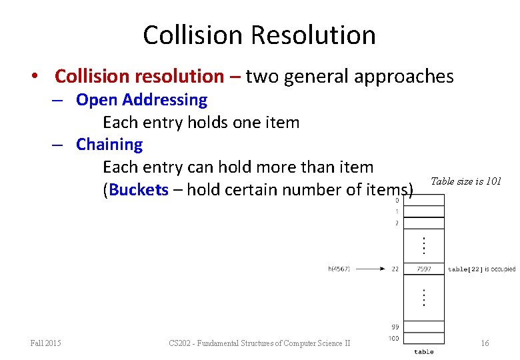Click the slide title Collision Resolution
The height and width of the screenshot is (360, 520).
259,35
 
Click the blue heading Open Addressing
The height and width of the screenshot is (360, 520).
141,100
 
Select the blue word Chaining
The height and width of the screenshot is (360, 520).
109,145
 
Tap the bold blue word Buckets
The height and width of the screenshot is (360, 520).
139,190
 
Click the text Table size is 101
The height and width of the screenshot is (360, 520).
466,181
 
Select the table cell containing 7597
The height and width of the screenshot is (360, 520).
424,269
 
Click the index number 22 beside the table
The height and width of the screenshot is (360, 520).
395,269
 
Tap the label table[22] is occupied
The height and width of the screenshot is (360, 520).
481,269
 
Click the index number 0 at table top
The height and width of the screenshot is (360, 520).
397,200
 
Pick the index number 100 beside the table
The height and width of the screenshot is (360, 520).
394,339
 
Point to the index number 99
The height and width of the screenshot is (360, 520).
395,327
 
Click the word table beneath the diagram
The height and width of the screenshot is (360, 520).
423,351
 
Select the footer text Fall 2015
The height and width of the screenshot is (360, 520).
46,343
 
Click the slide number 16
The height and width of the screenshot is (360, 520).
485,343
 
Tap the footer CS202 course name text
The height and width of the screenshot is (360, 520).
259,343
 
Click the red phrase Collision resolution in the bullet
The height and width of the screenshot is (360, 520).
139,77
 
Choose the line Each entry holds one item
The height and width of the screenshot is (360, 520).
201,123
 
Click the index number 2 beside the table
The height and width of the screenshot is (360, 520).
397,223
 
